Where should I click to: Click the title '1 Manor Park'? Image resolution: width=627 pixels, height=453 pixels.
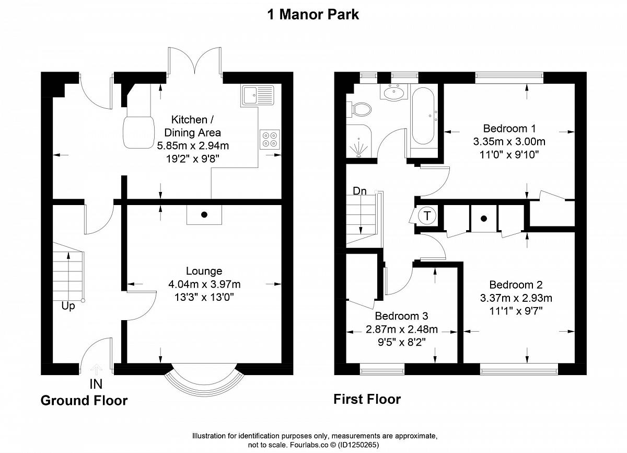pos(313,15)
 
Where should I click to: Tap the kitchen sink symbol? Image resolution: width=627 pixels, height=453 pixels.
pos(258,95)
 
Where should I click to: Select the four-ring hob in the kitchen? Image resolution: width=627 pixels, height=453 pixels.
pos(270,139)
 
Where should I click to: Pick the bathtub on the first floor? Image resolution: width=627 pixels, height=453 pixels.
pos(423,116)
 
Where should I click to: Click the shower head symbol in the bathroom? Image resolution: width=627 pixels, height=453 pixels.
pos(358,149)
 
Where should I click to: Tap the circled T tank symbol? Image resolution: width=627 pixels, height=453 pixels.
pos(427,216)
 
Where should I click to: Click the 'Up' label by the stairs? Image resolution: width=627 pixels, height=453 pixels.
pos(68,306)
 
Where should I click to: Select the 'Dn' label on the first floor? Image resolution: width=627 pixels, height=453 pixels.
pos(359,191)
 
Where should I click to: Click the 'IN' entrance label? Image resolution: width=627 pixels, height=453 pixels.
pos(96,384)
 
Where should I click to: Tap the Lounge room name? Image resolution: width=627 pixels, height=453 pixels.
pos(204,271)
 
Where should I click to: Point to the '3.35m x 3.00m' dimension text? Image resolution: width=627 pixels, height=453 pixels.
pos(509,141)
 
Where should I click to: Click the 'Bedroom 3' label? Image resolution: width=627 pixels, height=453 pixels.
pos(401,316)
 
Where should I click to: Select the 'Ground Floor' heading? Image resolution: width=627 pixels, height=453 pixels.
pos(84,401)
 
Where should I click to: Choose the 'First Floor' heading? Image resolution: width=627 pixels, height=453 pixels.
pos(367,399)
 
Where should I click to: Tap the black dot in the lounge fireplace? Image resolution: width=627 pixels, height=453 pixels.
pos(204,215)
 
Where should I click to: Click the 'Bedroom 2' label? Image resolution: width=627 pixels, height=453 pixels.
pos(516,285)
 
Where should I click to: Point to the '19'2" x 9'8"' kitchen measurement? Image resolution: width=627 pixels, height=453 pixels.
pos(193,159)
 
